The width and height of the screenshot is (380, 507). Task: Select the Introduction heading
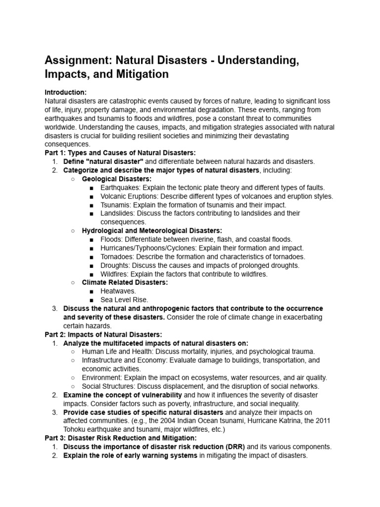click(x=65, y=92)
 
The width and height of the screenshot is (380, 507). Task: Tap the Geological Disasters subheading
click(x=117, y=179)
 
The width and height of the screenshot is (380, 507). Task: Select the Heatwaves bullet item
click(x=118, y=291)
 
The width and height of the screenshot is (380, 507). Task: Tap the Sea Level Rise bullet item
click(x=124, y=300)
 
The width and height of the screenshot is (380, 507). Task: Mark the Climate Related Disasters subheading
click(x=125, y=282)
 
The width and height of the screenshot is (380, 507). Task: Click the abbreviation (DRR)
click(x=233, y=447)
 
